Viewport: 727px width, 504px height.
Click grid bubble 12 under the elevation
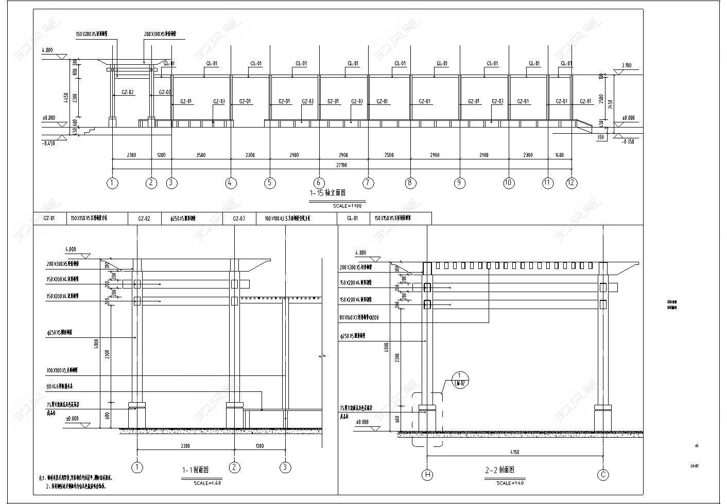(571, 183)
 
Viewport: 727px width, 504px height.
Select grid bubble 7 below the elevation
(368, 183)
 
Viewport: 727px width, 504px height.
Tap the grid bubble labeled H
(427, 475)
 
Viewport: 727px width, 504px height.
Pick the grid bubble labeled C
(603, 475)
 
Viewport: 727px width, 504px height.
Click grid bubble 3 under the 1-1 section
(285, 467)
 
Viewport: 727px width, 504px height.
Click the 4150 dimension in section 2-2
(514, 452)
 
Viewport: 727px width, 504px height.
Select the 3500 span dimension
(201, 155)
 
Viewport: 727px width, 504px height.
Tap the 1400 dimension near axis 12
(559, 155)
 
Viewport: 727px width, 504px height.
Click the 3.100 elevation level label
(626, 65)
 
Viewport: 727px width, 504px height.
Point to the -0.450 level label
(48, 143)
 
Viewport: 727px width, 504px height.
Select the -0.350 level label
(629, 141)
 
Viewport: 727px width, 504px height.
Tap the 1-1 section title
(195, 470)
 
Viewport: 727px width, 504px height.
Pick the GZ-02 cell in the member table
(144, 219)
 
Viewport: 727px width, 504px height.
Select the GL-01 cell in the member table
(353, 219)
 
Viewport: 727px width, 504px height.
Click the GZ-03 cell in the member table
(239, 219)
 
